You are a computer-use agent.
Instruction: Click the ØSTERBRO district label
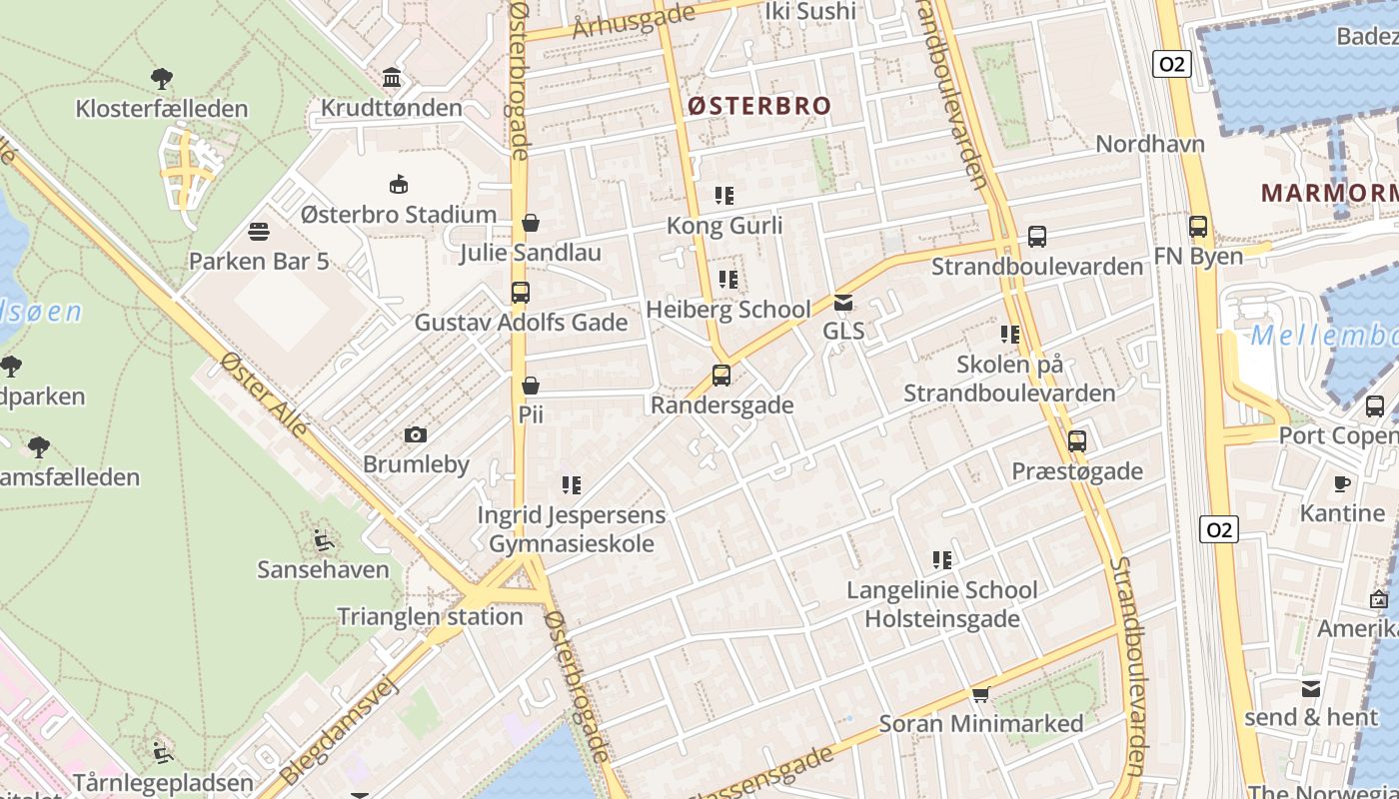pos(758,106)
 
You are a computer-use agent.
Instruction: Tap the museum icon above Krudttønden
pos(392,78)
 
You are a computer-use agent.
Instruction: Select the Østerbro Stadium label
pos(399,215)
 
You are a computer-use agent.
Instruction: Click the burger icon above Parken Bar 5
pos(259,233)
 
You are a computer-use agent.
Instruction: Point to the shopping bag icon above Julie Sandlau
pos(531,223)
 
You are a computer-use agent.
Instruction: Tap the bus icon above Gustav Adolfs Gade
pos(520,293)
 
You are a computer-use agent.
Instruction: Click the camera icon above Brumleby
pos(416,435)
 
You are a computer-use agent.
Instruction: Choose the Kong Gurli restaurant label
pos(724,226)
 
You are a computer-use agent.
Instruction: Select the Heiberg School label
pos(728,310)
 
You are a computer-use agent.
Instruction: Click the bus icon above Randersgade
pos(721,376)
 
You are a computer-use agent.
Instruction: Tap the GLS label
pos(843,331)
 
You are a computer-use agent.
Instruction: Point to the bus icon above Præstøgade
pos(1076,440)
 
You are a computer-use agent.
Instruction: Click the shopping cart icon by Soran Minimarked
pos(980,694)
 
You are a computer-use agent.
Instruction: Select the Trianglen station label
pos(430,616)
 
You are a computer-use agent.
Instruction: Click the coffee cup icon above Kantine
pos(1342,484)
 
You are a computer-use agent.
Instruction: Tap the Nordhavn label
pos(1150,144)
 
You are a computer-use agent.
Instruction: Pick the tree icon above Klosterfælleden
pos(161,79)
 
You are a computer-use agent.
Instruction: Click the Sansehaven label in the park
pos(323,570)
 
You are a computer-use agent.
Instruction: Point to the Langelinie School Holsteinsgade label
pos(942,604)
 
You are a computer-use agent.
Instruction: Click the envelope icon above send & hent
pos(1311,688)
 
